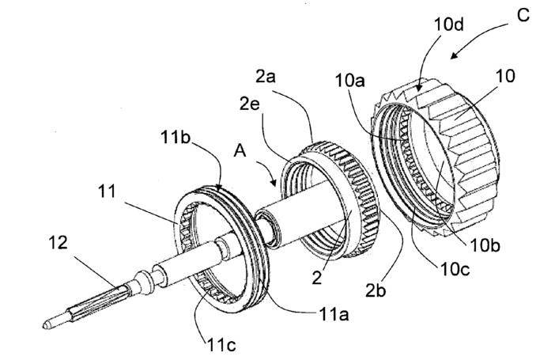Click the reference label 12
coord(58,243)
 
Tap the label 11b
coord(176,137)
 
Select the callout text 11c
coord(221,344)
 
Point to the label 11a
coord(334,314)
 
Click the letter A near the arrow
coord(240,151)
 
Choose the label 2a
coord(266,77)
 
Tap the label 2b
coord(376,291)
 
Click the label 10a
coord(349,81)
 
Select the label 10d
coord(448,25)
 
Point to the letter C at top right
coord(523,15)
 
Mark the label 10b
coord(485,245)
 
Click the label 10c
coord(455,270)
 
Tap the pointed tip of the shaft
coord(44,325)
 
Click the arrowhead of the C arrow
coord(454,56)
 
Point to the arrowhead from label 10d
coord(419,88)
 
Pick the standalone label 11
coord(107,191)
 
